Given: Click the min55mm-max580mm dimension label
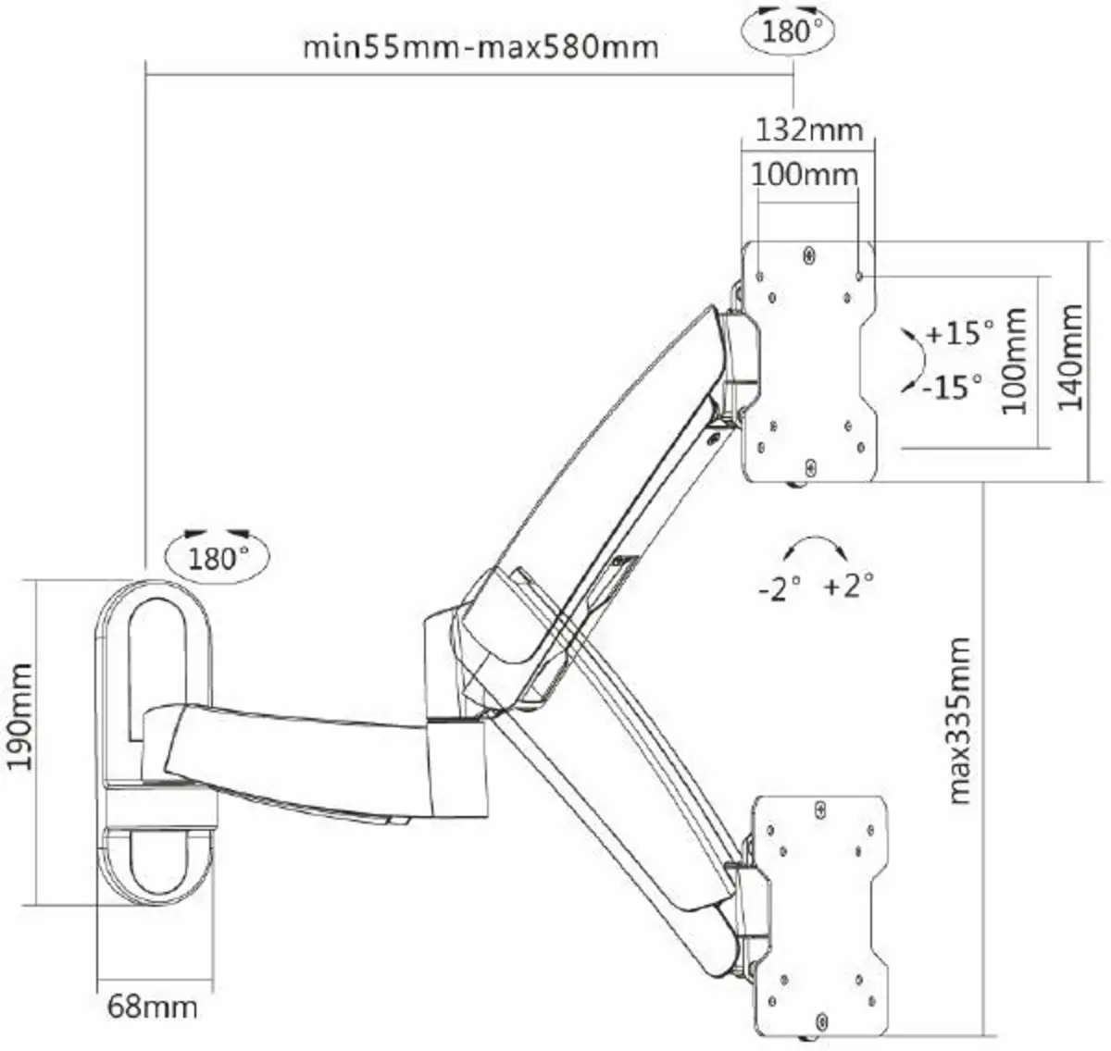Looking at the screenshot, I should [x=481, y=46].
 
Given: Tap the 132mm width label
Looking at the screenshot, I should [x=809, y=130].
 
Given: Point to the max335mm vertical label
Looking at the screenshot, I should [x=960, y=720].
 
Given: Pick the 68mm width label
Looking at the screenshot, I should [x=152, y=1007].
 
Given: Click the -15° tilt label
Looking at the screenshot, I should [x=951, y=386].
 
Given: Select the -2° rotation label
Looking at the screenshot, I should [x=779, y=587].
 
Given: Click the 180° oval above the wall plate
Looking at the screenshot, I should [x=218, y=557].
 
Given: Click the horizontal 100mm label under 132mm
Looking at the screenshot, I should [x=804, y=173].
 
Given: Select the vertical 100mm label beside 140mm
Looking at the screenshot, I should [x=1016, y=361].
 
